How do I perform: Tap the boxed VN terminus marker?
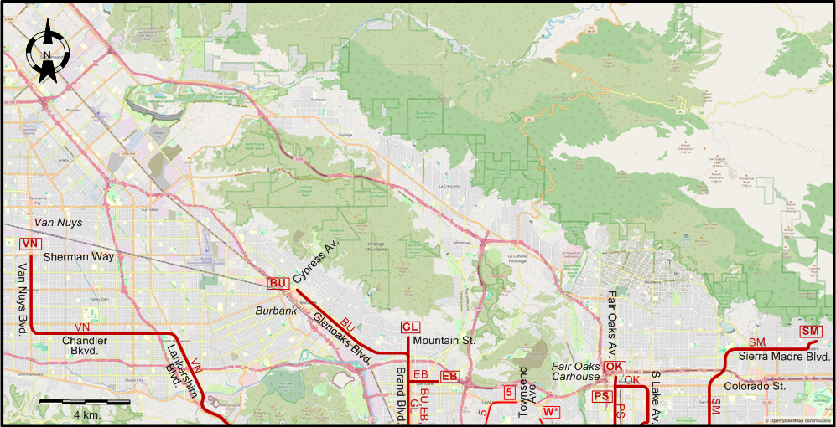tap(29, 243)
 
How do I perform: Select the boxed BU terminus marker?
tap(278, 283)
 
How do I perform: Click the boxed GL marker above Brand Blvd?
tap(409, 327)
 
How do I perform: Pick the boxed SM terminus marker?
tap(810, 332)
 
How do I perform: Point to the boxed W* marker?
tap(551, 411)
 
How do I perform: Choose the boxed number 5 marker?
tap(509, 392)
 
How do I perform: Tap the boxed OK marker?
tap(614, 366)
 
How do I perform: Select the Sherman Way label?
tap(79, 257)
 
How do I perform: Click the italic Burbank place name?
tap(277, 311)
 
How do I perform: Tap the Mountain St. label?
tap(444, 341)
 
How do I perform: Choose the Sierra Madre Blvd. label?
tap(785, 357)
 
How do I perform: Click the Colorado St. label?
tap(755, 386)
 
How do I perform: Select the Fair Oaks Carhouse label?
tap(576, 372)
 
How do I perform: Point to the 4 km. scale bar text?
tap(86, 415)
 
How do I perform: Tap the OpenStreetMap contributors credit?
tap(799, 421)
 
